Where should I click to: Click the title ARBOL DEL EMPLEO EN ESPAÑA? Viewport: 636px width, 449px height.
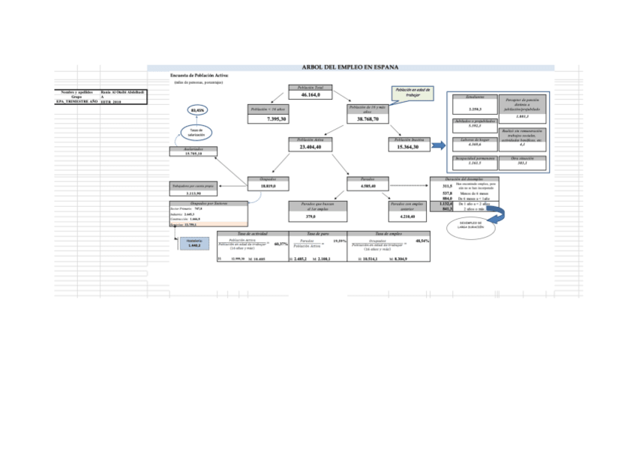(x=349, y=67)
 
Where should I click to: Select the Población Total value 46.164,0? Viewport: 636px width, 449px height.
(x=310, y=95)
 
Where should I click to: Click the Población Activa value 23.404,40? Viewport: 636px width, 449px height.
(x=310, y=147)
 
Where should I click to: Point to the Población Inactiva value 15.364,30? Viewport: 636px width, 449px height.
(x=408, y=147)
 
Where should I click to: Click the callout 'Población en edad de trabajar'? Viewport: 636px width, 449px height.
(x=413, y=93)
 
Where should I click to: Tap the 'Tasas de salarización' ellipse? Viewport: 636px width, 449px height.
(x=197, y=132)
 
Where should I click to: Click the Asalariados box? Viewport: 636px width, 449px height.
(x=197, y=151)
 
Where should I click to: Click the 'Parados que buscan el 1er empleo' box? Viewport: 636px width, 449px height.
(x=310, y=211)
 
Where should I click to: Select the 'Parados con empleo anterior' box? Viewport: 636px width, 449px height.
(x=408, y=211)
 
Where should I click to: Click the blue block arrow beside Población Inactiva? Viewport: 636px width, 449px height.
(x=438, y=144)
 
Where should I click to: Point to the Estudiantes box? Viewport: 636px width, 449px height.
(x=474, y=104)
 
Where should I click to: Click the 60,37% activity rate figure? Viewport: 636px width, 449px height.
(x=281, y=244)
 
